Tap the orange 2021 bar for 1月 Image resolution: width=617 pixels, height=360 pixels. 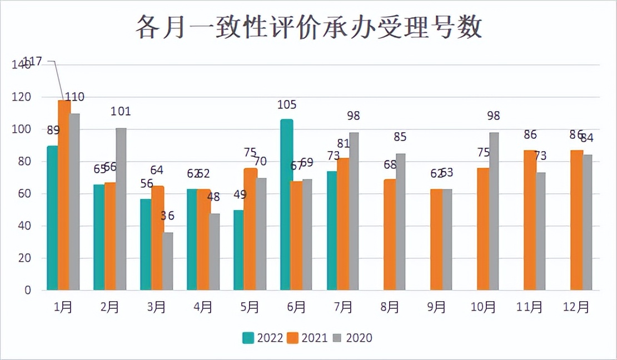(x=64, y=195)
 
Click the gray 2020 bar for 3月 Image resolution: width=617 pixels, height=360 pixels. (x=167, y=261)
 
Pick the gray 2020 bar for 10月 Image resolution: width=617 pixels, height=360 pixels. (x=494, y=211)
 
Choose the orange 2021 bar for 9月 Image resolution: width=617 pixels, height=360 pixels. (x=436, y=239)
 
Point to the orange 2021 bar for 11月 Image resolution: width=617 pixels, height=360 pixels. (x=530, y=220)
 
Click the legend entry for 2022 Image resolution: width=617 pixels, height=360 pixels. (x=263, y=338)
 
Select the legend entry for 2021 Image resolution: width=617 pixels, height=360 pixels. (x=307, y=338)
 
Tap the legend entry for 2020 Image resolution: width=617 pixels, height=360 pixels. (x=352, y=338)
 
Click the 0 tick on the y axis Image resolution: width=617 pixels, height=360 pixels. (x=26, y=291)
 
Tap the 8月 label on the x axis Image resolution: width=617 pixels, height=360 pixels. (x=390, y=307)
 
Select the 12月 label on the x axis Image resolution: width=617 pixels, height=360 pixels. (x=576, y=307)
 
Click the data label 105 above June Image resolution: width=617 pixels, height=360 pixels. (x=287, y=104)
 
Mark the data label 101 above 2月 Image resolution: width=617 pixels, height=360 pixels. (x=121, y=111)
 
